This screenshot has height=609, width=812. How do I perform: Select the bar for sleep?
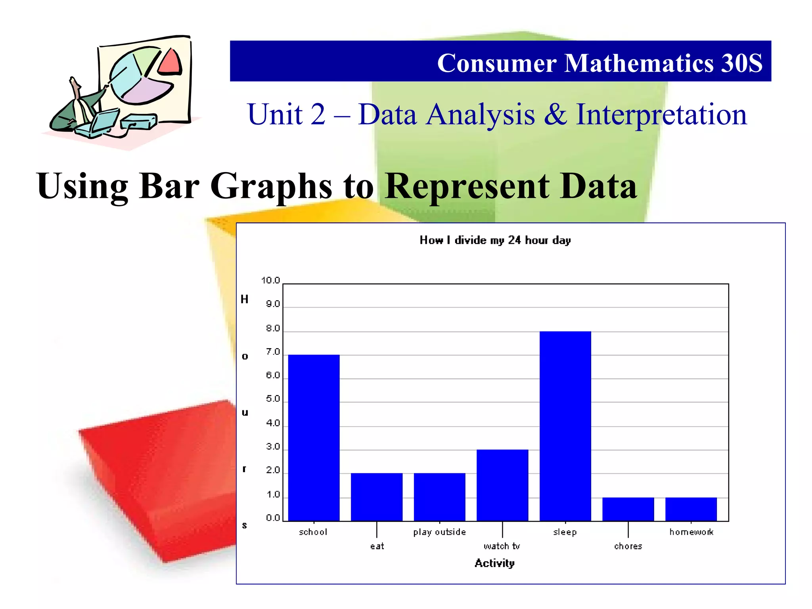tap(565, 426)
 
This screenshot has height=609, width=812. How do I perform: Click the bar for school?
tap(314, 438)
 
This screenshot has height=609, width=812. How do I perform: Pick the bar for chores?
tap(628, 509)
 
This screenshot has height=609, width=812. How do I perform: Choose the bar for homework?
tap(691, 509)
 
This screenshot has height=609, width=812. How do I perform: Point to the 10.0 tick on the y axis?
tap(271, 281)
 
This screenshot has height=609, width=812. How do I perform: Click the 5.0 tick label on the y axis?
tap(273, 399)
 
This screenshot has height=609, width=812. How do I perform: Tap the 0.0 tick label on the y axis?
tap(273, 518)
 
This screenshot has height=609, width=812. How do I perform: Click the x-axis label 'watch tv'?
tap(502, 546)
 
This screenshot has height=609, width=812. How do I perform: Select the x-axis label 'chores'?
tap(628, 546)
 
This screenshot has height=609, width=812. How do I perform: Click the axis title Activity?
tap(494, 563)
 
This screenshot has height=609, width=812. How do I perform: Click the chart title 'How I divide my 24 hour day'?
tap(495, 240)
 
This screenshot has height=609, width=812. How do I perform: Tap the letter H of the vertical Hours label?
tap(245, 299)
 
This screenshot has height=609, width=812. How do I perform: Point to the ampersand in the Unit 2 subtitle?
tap(555, 115)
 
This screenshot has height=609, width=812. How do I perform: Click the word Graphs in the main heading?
tap(271, 186)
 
